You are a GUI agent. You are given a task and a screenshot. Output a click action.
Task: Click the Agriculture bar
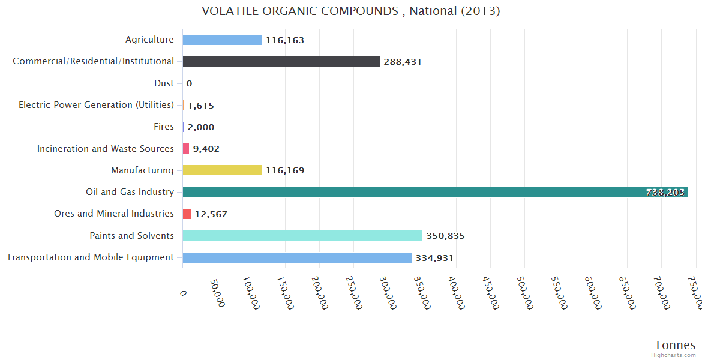[x=222, y=40]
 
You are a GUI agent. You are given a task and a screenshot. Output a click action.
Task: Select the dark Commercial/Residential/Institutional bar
[x=281, y=61]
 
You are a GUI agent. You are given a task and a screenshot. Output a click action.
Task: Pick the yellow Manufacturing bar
[x=222, y=170]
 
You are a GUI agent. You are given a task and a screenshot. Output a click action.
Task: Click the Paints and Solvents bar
[x=302, y=236]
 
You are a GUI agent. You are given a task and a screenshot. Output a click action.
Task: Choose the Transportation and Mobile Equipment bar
[x=297, y=257]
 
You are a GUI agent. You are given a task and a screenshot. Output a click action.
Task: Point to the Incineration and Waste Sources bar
[x=186, y=148]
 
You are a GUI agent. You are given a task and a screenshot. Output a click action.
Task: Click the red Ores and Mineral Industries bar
[x=187, y=214]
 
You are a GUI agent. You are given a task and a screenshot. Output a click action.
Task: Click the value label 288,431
[x=403, y=62]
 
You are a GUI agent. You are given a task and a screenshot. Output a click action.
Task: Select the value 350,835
[x=446, y=236]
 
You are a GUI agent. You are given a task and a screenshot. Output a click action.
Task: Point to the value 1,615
[x=201, y=106]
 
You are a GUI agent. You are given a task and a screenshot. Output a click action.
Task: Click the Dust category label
[x=164, y=83]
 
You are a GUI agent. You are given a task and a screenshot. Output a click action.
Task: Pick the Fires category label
[x=164, y=127]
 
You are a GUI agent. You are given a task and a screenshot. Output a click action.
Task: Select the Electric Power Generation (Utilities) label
[x=96, y=105]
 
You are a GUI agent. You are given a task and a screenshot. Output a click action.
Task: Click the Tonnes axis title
[x=674, y=344]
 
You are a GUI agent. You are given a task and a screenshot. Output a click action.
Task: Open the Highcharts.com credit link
[x=674, y=355]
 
